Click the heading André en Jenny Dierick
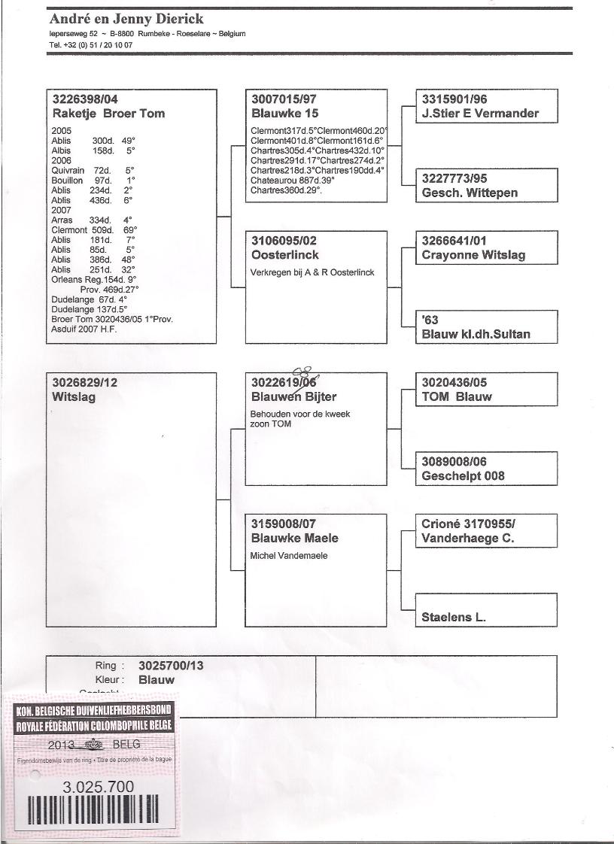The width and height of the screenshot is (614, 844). click(x=126, y=19)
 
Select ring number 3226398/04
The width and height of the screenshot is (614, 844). click(x=85, y=99)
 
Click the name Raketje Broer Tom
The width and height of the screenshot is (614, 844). click(x=108, y=114)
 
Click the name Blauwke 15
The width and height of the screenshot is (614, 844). click(x=285, y=114)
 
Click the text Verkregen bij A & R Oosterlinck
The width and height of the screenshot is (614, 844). click(x=312, y=272)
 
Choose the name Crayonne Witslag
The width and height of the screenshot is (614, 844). click(x=473, y=255)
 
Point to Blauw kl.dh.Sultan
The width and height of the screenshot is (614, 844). click(x=476, y=334)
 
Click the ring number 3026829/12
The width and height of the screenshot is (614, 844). click(x=85, y=383)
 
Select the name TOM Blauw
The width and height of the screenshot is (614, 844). click(x=457, y=397)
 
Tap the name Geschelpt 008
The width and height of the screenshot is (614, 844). click(x=464, y=475)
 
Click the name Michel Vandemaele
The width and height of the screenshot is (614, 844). click(x=289, y=556)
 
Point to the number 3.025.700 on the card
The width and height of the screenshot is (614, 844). click(x=99, y=787)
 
